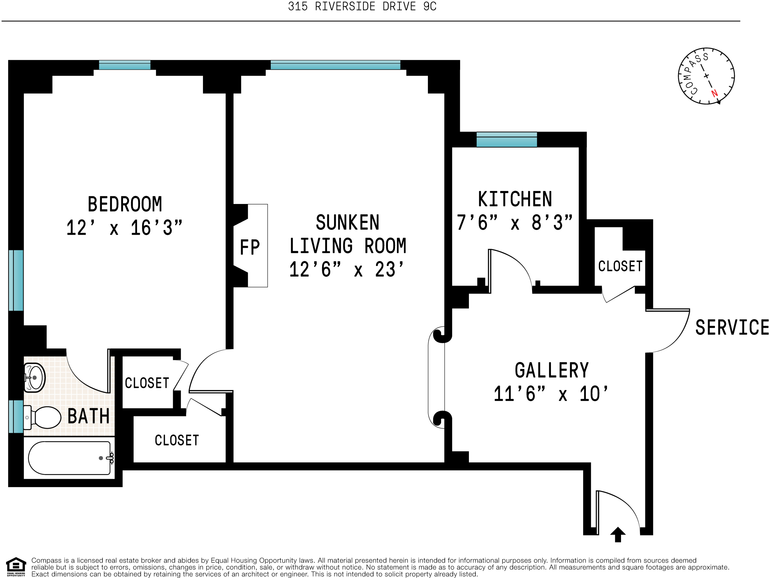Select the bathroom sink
point(34,378)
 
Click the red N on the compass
point(714,93)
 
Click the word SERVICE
point(732,327)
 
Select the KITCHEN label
point(515,199)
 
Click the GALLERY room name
point(552,370)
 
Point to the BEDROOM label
point(125,204)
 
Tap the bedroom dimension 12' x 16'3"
point(124,228)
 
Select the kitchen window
point(506,139)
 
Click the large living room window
point(335,65)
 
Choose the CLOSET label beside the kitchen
point(620,266)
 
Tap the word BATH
point(88,416)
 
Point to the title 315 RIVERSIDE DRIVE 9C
point(362,7)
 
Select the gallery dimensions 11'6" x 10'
point(551,394)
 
